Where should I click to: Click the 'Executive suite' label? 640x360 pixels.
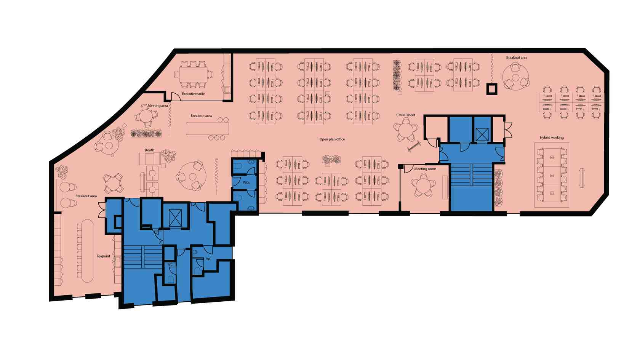click(x=193, y=94)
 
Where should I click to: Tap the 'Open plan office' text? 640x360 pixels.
click(x=332, y=139)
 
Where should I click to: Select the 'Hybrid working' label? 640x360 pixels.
click(x=552, y=138)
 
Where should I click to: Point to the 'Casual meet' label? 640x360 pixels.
click(x=405, y=115)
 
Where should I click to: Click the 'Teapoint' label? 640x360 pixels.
click(x=103, y=256)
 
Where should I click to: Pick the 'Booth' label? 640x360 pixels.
click(x=149, y=150)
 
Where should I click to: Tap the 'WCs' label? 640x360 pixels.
click(x=246, y=182)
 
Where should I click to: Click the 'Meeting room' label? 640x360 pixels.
click(x=425, y=169)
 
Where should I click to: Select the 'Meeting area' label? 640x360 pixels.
click(x=158, y=106)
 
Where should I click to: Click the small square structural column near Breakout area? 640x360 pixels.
click(x=491, y=89)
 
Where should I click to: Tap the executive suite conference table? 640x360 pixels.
click(x=194, y=74)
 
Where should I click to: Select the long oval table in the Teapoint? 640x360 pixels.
click(x=88, y=251)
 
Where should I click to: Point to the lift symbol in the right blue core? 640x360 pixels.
click(x=482, y=134)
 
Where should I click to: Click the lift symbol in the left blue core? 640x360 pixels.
click(x=175, y=218)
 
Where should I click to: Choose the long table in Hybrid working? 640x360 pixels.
click(x=552, y=174)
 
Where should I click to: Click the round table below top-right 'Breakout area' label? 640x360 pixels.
click(x=516, y=77)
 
